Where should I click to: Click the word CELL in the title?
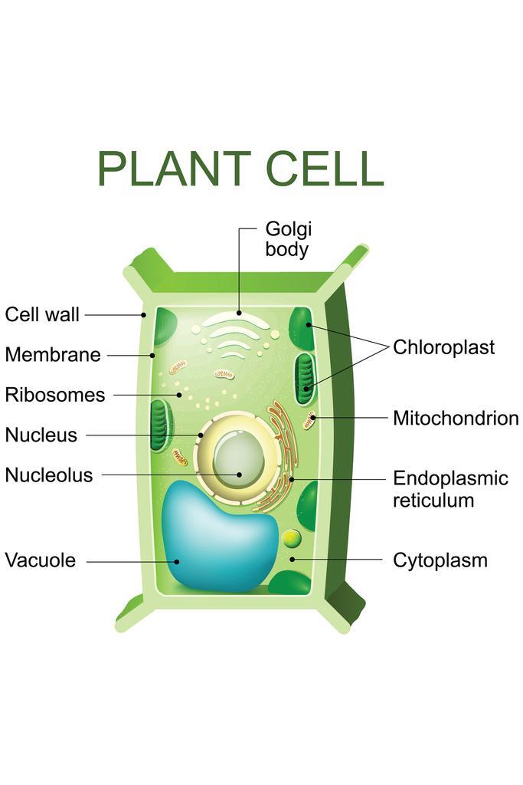point(324,169)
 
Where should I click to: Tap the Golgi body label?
point(288,239)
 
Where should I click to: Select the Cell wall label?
point(42,315)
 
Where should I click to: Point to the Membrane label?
point(52,355)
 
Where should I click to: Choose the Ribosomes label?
point(54,396)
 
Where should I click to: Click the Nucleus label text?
point(41,435)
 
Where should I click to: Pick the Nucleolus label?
point(48,475)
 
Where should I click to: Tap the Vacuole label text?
point(41,560)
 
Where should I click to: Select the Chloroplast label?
point(443,347)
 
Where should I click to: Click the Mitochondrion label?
point(456,419)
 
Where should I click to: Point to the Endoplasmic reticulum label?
point(450,489)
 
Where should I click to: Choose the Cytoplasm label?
point(440,560)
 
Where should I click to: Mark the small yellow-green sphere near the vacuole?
point(292,538)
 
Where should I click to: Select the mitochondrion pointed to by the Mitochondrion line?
point(309,419)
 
